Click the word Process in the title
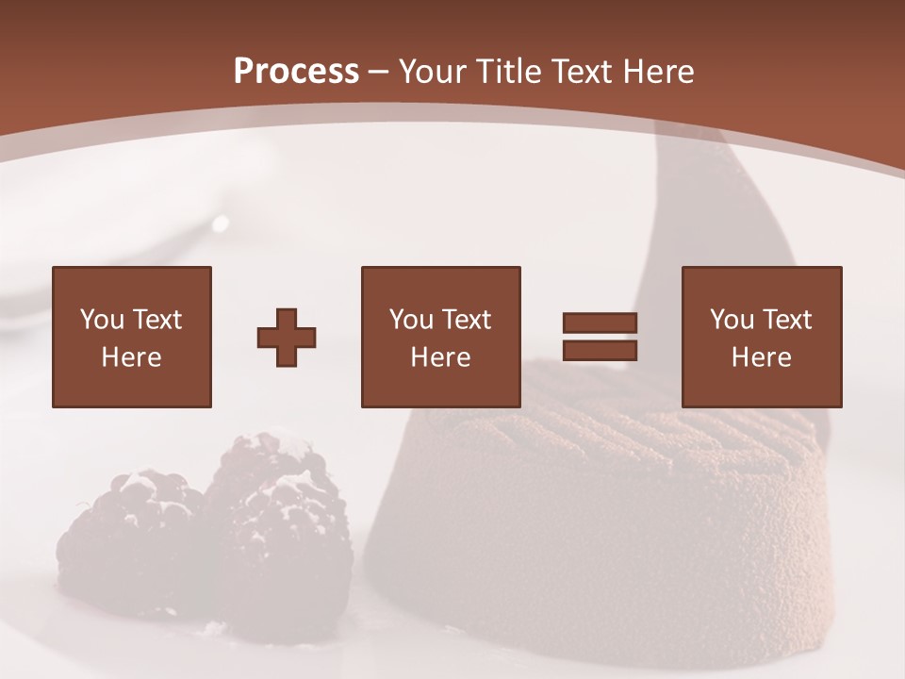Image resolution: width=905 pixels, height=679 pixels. pyautogui.click(x=296, y=72)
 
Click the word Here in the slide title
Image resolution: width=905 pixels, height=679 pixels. pyautogui.click(x=659, y=72)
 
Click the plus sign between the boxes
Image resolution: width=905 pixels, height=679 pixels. pyautogui.click(x=287, y=337)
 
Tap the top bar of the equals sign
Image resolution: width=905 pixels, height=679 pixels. pyautogui.click(x=600, y=323)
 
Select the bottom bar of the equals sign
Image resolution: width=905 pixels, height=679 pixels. pyautogui.click(x=600, y=350)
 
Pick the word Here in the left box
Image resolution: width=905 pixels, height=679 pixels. pyautogui.click(x=131, y=357)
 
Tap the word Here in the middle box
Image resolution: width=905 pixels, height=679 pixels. pyautogui.click(x=440, y=357)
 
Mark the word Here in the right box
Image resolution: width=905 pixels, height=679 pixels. pyautogui.click(x=761, y=357)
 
